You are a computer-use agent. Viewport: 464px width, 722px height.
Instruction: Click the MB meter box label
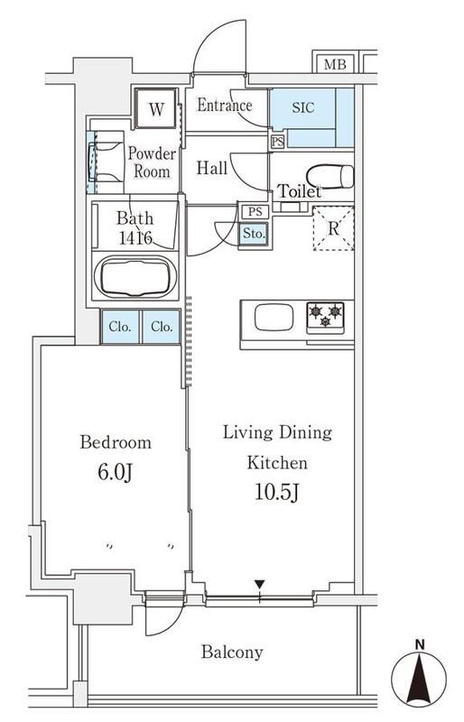tap(334, 64)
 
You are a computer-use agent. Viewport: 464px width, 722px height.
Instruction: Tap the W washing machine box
tap(156, 110)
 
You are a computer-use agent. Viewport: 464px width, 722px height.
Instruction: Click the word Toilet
tap(300, 192)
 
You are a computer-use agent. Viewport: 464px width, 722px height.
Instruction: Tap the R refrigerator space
tap(333, 227)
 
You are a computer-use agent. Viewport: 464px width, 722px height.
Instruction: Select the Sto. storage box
tap(254, 234)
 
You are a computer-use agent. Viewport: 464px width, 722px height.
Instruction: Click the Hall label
tap(212, 167)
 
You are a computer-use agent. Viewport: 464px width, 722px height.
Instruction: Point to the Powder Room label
tap(151, 162)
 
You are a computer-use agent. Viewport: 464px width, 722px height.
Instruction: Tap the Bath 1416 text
tap(135, 228)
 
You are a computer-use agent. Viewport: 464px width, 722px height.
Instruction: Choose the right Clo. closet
tap(162, 327)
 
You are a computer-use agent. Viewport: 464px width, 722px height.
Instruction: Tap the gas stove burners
tap(325, 316)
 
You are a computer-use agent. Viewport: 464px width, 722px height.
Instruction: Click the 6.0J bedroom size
tap(115, 473)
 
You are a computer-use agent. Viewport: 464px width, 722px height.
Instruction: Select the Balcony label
tap(232, 652)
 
